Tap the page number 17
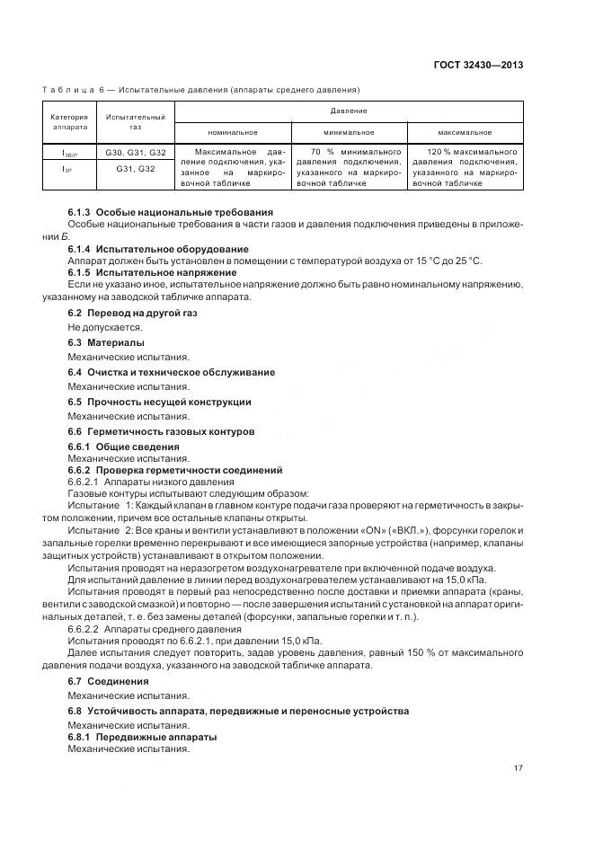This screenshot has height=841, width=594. click(519, 768)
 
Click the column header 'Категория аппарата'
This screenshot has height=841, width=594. click(68, 122)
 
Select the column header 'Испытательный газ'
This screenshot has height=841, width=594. click(135, 122)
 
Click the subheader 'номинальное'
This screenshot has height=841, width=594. click(233, 132)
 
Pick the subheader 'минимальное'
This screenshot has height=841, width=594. click(349, 132)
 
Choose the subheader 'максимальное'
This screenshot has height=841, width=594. click(465, 132)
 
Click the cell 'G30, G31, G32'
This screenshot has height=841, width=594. click(136, 153)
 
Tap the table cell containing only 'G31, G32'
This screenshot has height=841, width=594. click(136, 168)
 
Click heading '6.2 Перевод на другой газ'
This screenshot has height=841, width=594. click(132, 312)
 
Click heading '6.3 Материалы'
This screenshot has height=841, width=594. click(105, 342)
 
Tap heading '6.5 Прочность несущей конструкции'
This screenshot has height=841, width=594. click(159, 402)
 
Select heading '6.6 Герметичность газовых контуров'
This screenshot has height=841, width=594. click(161, 431)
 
